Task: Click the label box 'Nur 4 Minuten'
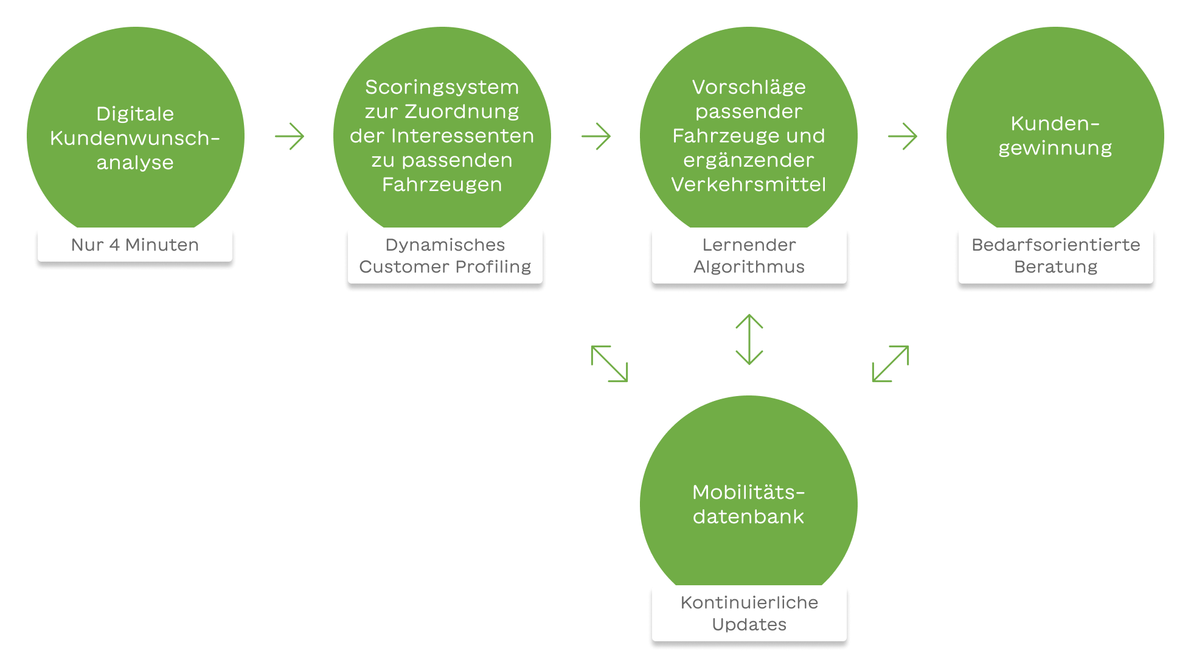click(134, 245)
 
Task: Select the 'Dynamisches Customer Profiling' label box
click(445, 256)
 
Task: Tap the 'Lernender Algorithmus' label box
click(749, 256)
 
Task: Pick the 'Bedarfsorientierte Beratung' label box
click(1055, 256)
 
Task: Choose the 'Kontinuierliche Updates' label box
click(749, 613)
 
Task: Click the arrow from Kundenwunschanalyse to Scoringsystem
click(290, 136)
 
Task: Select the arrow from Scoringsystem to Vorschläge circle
click(596, 136)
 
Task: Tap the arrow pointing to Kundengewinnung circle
click(903, 136)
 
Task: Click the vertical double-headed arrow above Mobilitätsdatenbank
click(749, 339)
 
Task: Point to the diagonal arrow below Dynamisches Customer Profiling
click(609, 364)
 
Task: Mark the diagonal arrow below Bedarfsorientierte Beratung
click(891, 364)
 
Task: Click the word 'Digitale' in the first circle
click(135, 114)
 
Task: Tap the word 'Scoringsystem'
click(442, 87)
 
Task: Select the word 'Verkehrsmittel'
click(749, 184)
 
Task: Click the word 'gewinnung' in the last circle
click(1055, 148)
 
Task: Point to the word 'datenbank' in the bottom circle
click(749, 517)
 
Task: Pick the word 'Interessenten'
click(462, 136)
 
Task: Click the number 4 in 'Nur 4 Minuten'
click(114, 245)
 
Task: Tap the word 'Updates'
click(749, 624)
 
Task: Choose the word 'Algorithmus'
click(749, 266)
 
